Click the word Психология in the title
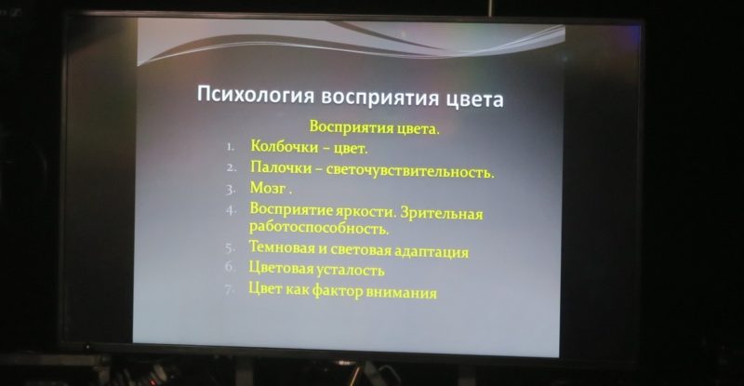(x=256, y=95)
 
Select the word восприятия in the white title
(x=380, y=98)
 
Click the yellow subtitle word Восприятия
(x=345, y=126)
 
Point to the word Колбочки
(x=285, y=146)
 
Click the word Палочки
(x=282, y=167)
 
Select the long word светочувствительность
(x=410, y=170)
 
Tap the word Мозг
(x=268, y=188)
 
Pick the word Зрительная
(x=441, y=213)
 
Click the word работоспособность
(x=319, y=228)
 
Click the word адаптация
(x=432, y=251)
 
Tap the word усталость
(x=351, y=270)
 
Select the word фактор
(x=338, y=290)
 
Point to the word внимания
(x=402, y=292)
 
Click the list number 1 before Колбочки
(x=230, y=147)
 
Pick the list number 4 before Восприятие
(x=231, y=210)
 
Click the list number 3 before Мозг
(x=231, y=190)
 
